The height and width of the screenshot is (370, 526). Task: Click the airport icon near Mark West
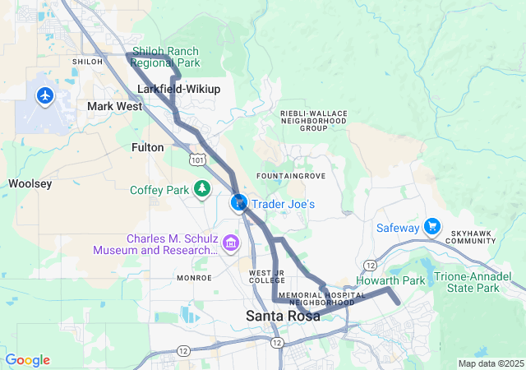click(x=44, y=96)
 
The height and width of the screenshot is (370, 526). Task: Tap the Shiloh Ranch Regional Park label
click(x=171, y=57)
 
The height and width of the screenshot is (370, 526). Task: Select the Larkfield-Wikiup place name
click(x=178, y=88)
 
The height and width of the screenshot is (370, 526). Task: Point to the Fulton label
click(x=148, y=147)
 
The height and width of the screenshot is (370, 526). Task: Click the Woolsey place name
click(x=30, y=183)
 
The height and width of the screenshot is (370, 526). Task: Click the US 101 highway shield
click(x=198, y=161)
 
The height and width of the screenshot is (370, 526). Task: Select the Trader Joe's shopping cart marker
click(x=239, y=202)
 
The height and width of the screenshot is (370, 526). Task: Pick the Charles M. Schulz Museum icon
click(x=230, y=243)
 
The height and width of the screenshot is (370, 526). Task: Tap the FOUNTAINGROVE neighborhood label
click(x=285, y=177)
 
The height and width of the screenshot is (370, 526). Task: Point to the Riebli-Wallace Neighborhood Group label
click(x=302, y=121)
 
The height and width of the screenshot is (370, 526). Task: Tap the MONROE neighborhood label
click(x=194, y=278)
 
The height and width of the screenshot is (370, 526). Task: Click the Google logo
click(x=27, y=360)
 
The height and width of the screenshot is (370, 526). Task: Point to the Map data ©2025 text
click(x=490, y=363)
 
